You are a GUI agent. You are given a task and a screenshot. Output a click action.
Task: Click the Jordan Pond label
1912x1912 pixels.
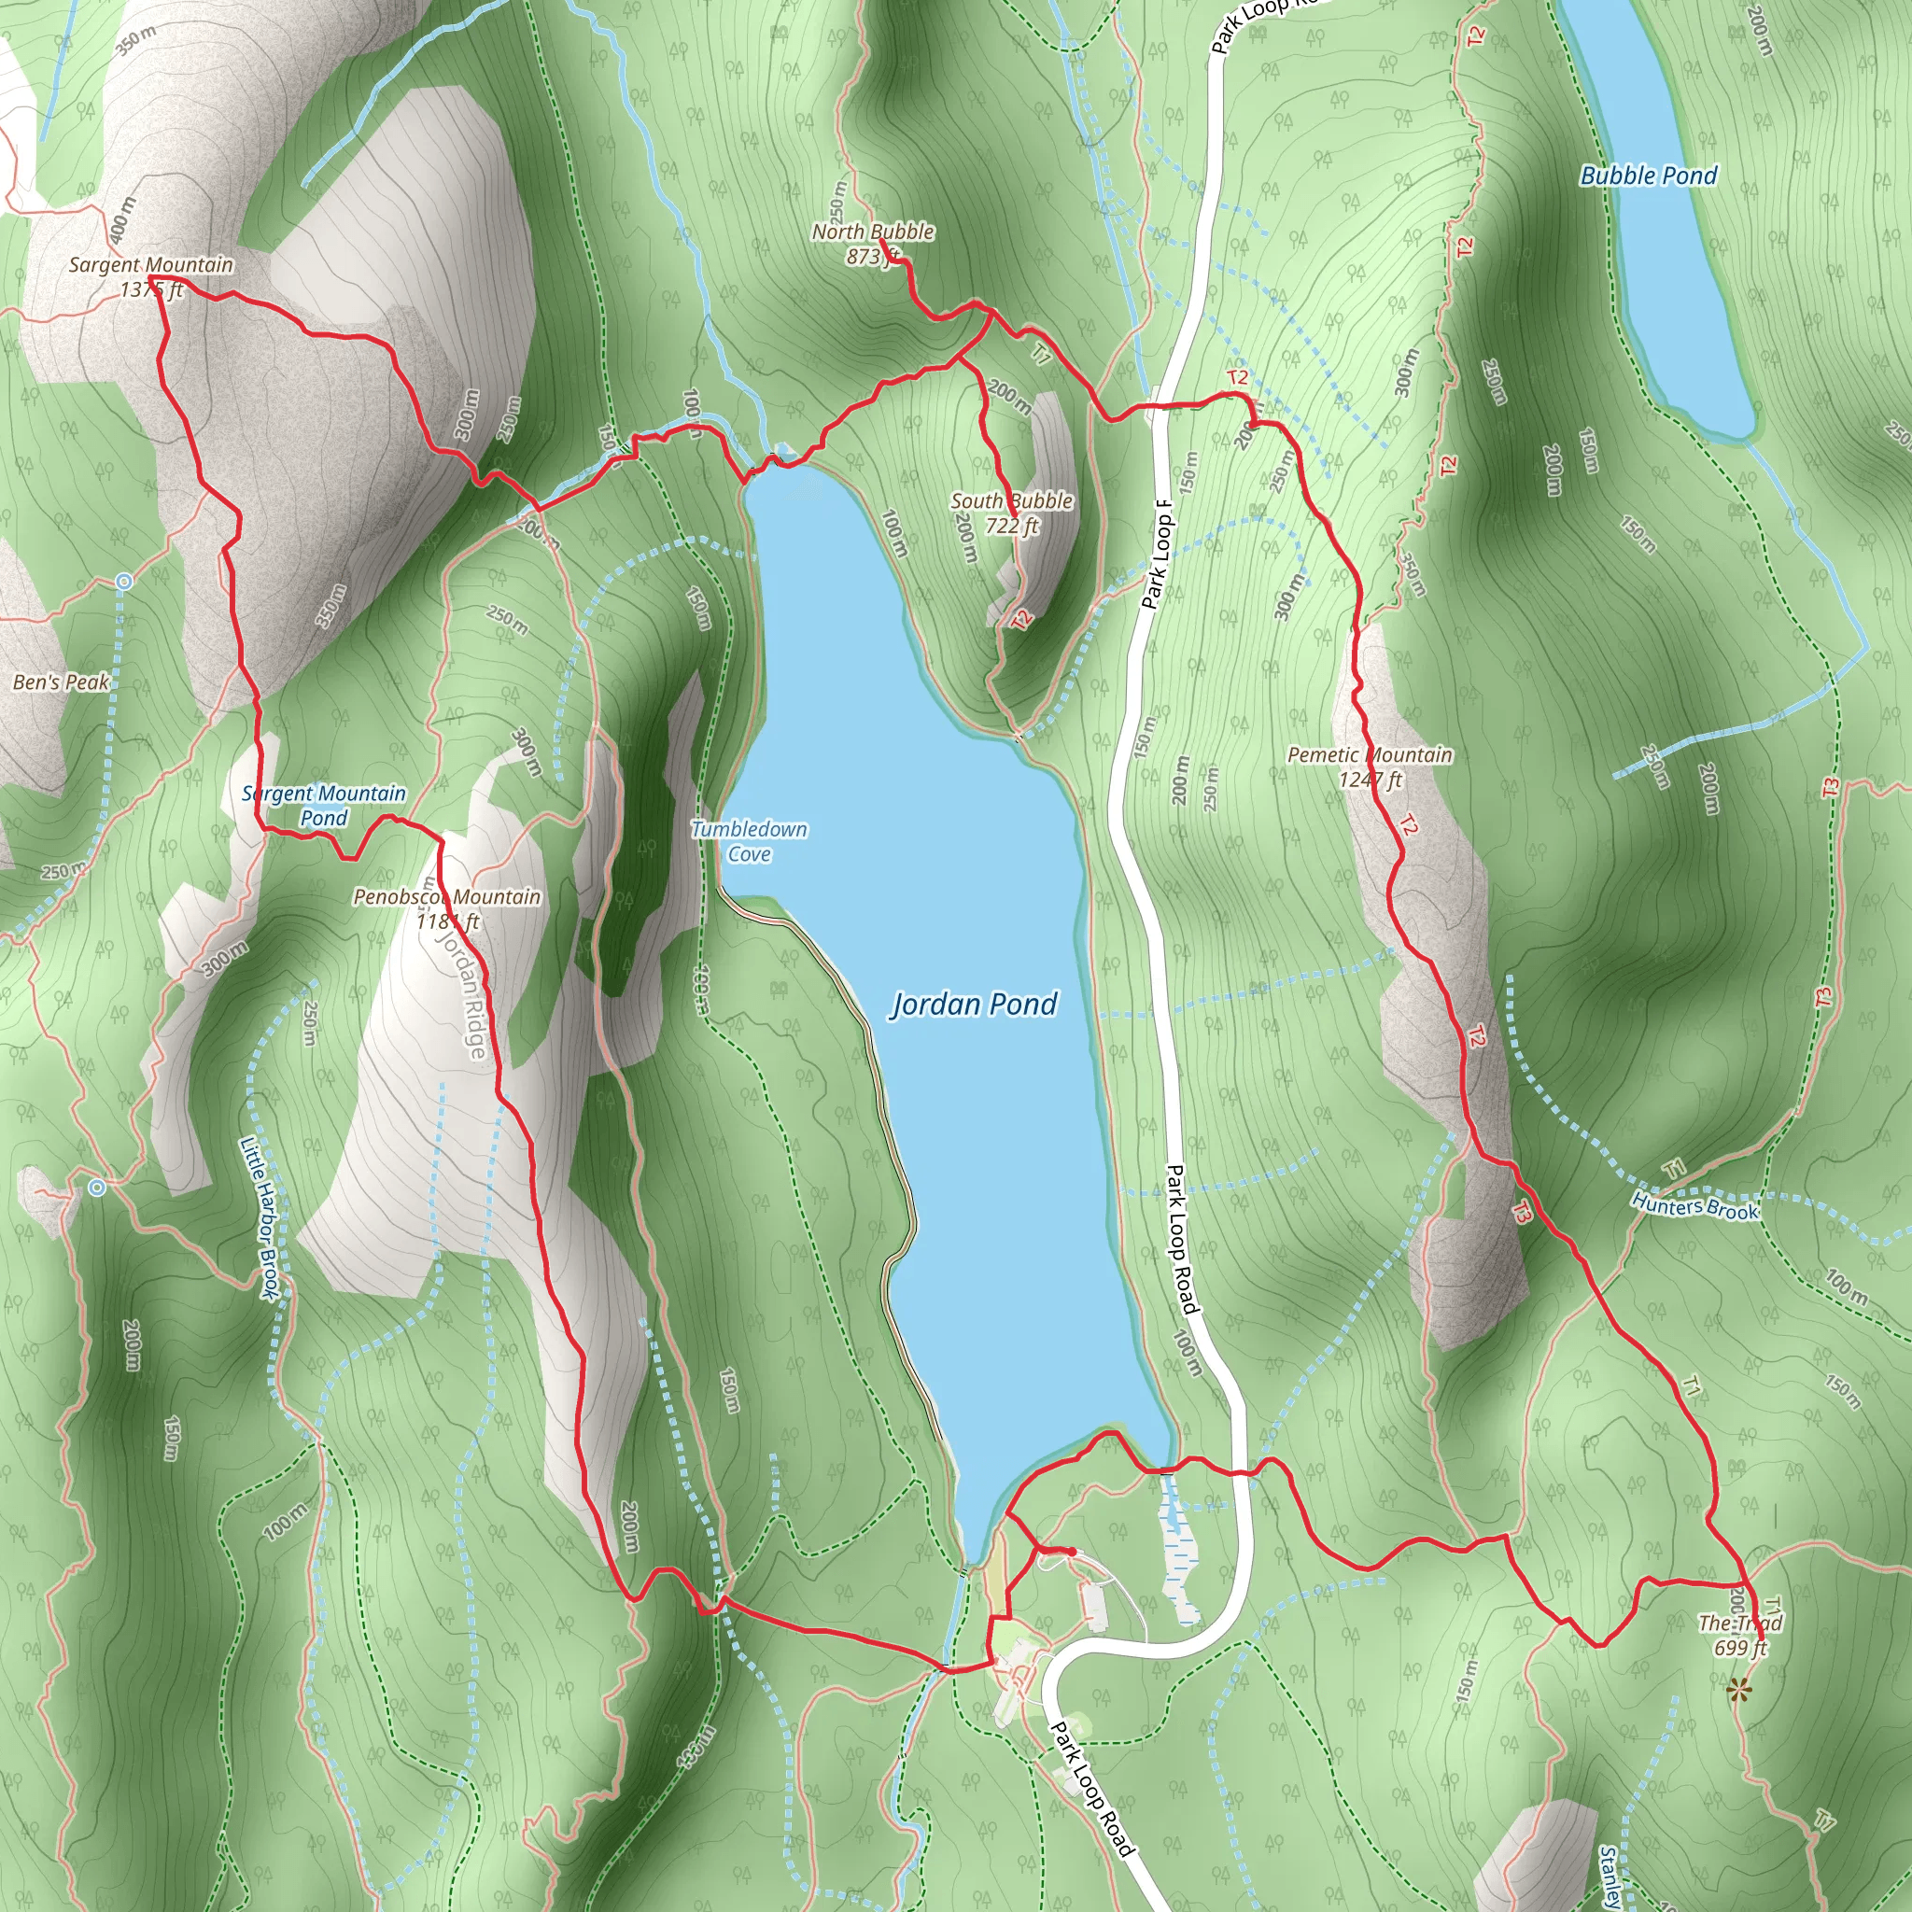click(975, 1005)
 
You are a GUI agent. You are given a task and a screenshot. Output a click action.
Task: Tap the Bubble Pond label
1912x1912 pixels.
click(1648, 176)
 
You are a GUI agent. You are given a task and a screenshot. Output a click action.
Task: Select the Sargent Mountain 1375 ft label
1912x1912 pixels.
click(151, 277)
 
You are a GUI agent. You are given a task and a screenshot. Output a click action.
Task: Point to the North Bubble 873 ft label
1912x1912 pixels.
click(873, 244)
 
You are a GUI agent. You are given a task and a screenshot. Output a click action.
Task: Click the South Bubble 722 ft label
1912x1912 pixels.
click(1011, 513)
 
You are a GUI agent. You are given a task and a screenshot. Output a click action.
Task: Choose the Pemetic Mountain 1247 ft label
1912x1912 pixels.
click(1370, 767)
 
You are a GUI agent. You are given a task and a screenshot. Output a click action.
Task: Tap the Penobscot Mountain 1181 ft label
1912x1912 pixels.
click(447, 908)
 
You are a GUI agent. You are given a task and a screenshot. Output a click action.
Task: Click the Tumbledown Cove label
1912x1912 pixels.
click(749, 841)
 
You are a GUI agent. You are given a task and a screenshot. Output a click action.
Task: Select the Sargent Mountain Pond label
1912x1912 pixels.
click(324, 806)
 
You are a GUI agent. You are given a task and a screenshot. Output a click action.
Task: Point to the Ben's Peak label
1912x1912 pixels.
click(61, 682)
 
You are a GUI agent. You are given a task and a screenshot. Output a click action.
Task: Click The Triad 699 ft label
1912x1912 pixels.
click(1741, 1635)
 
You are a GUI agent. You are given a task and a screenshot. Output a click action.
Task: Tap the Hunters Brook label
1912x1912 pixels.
click(1695, 1206)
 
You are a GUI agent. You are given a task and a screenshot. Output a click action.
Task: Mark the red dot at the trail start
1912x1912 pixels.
click(1071, 1551)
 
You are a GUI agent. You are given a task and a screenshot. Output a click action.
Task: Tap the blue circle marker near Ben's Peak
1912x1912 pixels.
click(124, 582)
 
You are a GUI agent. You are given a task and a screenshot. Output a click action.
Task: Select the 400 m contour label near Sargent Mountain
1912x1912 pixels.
click(120, 219)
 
